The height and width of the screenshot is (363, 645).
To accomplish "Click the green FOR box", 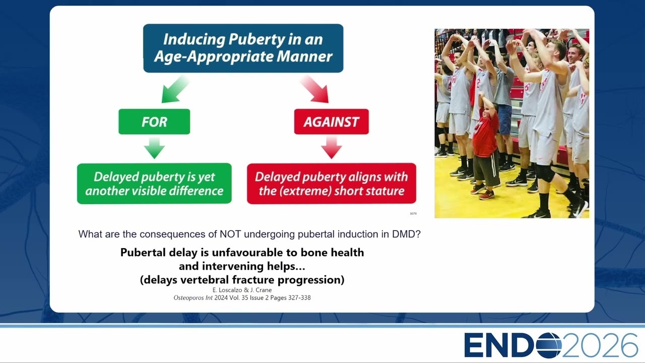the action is pyautogui.click(x=154, y=122).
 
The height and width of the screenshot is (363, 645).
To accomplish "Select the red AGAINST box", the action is pyautogui.click(x=332, y=122).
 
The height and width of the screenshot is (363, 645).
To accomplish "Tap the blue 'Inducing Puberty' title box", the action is pyautogui.click(x=243, y=48).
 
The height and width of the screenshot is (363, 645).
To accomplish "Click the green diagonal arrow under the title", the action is pyautogui.click(x=175, y=89).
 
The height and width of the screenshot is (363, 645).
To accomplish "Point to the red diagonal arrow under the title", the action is pyautogui.click(x=314, y=89).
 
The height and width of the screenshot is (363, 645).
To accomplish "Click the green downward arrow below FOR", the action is pyautogui.click(x=154, y=148).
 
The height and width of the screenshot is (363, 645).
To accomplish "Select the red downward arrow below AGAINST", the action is pyautogui.click(x=332, y=148).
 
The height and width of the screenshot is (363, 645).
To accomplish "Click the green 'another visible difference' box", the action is pyautogui.click(x=154, y=184).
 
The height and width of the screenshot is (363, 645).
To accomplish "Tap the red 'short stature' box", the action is pyautogui.click(x=332, y=184).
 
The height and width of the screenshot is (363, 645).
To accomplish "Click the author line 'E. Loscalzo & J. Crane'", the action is pyautogui.click(x=242, y=290).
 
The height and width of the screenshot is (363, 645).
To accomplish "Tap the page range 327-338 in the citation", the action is pyautogui.click(x=299, y=298).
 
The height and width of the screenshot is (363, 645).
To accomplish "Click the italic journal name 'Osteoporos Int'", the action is pyautogui.click(x=193, y=298).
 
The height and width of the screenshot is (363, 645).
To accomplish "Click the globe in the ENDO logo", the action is pyautogui.click(x=549, y=345).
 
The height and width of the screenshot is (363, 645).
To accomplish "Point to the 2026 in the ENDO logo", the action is pyautogui.click(x=600, y=345).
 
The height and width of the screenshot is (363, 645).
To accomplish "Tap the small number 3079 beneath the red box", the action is pyautogui.click(x=413, y=213).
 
